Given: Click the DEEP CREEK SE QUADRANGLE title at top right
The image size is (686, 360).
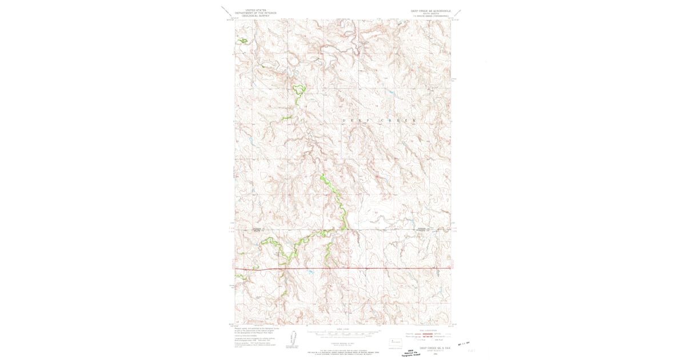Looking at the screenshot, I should pos(430,10).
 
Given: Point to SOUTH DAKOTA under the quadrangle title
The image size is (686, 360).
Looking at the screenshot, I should pos(430,13).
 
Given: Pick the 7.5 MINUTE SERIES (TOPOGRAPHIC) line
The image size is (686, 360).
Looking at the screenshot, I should pos(430,16).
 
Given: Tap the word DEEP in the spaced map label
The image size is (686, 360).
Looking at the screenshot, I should pos(355,121).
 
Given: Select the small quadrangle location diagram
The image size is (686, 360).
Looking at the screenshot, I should pos(395,344).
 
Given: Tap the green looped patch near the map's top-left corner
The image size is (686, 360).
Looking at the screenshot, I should pos(244,41).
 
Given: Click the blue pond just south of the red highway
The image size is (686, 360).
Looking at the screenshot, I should pos(310,273).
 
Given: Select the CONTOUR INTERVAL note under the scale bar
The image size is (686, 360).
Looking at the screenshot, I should pos(343,343).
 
